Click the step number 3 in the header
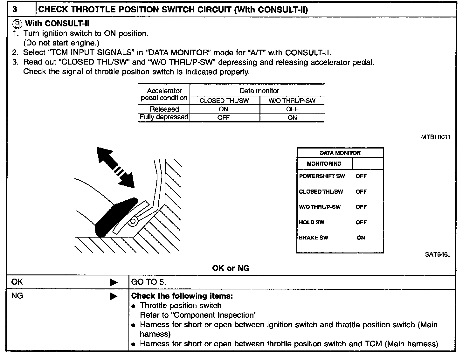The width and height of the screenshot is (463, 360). click(x=15, y=9)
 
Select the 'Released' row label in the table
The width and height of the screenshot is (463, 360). click(x=164, y=109)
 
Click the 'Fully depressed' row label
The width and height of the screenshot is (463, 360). click(x=164, y=117)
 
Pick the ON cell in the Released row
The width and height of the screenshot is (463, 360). click(x=224, y=109)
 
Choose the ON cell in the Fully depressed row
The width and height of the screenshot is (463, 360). click(x=292, y=118)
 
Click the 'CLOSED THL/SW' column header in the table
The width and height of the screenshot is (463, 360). click(x=224, y=100)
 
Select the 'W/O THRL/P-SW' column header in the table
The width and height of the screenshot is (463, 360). click(x=292, y=100)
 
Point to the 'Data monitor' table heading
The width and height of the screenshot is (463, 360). click(x=259, y=91)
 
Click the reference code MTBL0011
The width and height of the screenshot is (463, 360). click(x=436, y=137)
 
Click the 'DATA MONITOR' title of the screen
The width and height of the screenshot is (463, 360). click(x=340, y=153)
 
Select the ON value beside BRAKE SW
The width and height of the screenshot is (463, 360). click(x=361, y=238)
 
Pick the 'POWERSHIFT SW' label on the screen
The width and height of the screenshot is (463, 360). click(x=322, y=176)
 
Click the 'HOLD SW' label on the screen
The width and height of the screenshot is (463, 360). click(x=311, y=222)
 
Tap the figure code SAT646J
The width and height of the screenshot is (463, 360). click(x=438, y=254)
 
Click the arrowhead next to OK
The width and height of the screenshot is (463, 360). click(x=114, y=282)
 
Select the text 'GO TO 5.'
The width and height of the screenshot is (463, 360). click(x=149, y=282)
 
